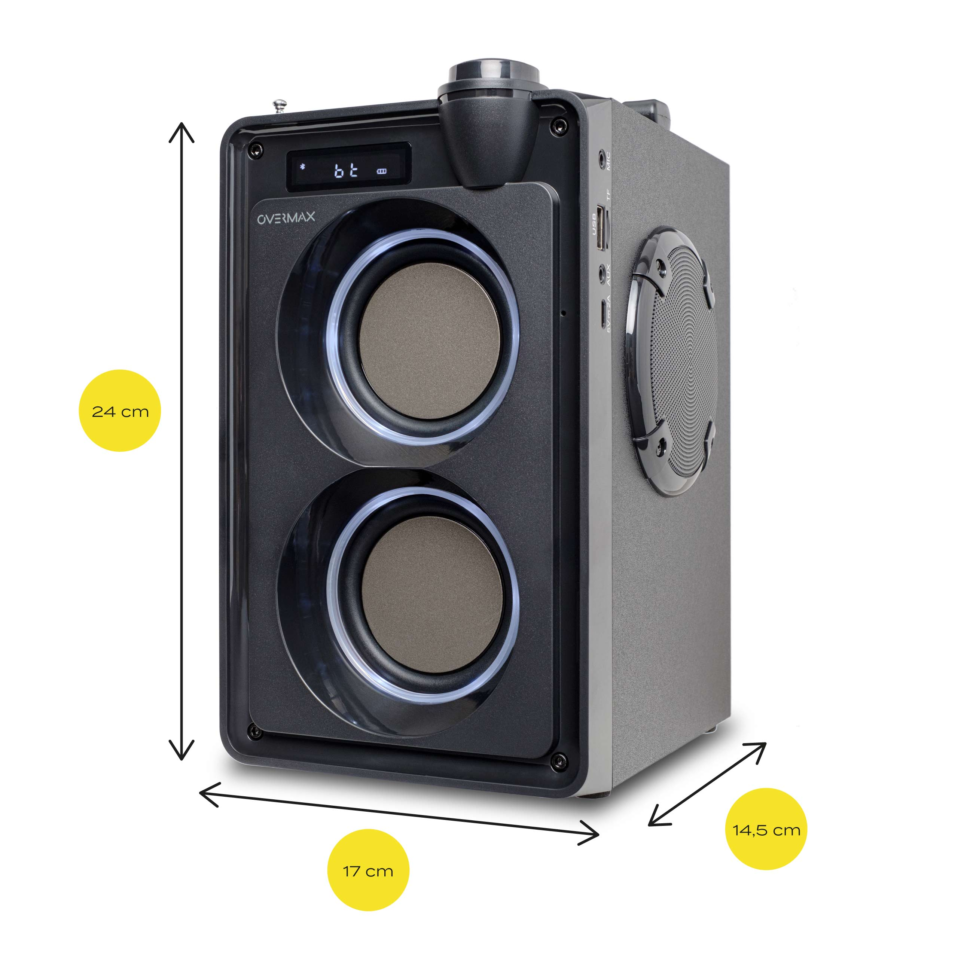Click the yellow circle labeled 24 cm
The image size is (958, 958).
click(120, 411)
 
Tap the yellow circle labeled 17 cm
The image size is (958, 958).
click(368, 871)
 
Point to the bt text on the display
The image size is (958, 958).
click(346, 171)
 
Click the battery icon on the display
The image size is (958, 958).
click(381, 171)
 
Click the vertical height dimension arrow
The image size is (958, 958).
click(181, 441)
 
